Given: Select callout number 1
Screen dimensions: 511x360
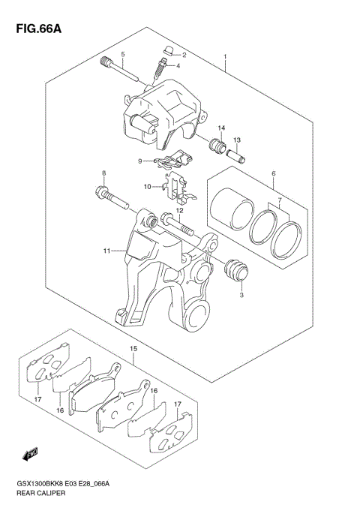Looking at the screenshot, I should pyautogui.click(x=225, y=57).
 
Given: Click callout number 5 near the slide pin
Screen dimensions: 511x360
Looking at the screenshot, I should pyautogui.click(x=124, y=54).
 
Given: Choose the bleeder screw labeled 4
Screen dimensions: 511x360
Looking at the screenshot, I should pyautogui.click(x=158, y=69).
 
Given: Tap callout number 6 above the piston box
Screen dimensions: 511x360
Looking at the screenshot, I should pyautogui.click(x=274, y=174).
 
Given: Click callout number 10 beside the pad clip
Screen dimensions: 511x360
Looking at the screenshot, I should pyautogui.click(x=148, y=186).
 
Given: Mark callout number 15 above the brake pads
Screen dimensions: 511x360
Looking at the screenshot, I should pyautogui.click(x=133, y=348).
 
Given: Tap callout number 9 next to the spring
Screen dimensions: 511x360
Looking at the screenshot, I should pyautogui.click(x=139, y=161).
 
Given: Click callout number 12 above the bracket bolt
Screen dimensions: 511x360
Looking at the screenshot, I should pyautogui.click(x=179, y=210).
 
